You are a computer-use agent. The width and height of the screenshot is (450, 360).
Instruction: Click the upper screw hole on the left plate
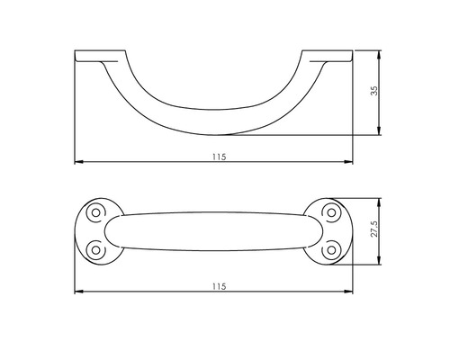94,212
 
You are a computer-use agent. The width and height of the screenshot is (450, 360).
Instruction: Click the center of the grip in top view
213,231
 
